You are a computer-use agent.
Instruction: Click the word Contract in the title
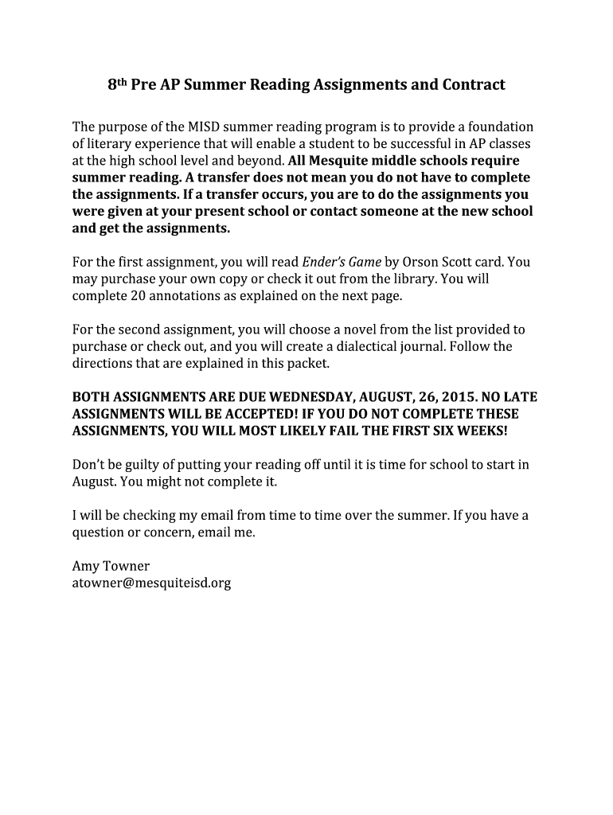[x=470, y=84]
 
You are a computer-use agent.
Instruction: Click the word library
[x=412, y=279]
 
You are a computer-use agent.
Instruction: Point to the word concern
[x=166, y=532]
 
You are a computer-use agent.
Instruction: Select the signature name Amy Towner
[x=111, y=566]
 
